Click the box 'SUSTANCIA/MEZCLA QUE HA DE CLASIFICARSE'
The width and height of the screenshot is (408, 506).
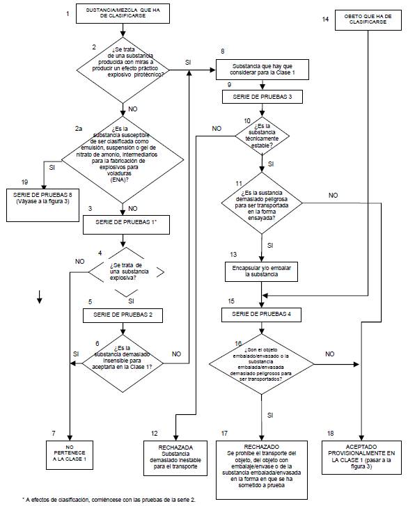[123, 13]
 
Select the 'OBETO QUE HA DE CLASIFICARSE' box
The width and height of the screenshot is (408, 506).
[368, 20]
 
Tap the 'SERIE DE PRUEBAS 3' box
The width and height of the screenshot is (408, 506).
[262, 97]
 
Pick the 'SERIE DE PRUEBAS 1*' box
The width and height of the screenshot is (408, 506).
[126, 225]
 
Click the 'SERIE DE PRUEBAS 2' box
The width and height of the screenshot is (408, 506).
[123, 315]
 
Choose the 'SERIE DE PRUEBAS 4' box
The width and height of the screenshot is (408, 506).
[261, 315]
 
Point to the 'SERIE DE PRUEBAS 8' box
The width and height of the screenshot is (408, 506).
[42, 205]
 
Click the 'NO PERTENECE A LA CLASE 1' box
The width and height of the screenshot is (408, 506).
[70, 455]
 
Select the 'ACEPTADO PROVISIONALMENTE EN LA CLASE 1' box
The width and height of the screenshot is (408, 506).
[361, 457]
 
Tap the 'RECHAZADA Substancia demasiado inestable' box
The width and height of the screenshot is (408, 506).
[175, 458]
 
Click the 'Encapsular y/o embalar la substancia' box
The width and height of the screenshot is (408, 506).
[262, 271]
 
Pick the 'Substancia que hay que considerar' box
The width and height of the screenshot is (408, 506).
[262, 70]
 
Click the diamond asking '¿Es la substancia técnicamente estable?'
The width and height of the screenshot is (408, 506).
[262, 136]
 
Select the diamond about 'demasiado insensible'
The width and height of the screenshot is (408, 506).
[123, 363]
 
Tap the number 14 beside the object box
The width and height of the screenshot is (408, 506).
[325, 19]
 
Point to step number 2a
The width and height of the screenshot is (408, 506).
[79, 129]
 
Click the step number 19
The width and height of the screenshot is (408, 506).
[24, 182]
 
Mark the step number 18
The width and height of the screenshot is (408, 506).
[331, 434]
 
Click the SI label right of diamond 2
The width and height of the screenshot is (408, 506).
[188, 63]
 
